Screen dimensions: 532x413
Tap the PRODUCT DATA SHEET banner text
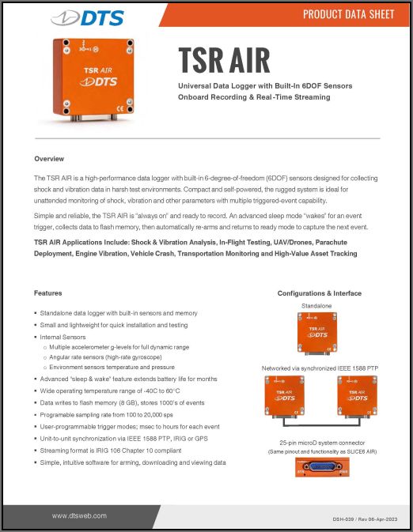[x=348, y=15]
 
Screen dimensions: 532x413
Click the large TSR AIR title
[x=224, y=60]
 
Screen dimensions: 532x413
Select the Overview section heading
[x=50, y=159]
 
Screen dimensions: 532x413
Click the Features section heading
[x=48, y=293]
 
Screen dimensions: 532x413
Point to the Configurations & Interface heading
[x=319, y=293]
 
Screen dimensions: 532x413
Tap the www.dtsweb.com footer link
[x=81, y=515]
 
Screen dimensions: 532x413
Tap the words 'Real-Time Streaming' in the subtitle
[x=286, y=97]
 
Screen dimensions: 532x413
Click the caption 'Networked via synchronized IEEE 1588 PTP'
[x=319, y=368]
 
